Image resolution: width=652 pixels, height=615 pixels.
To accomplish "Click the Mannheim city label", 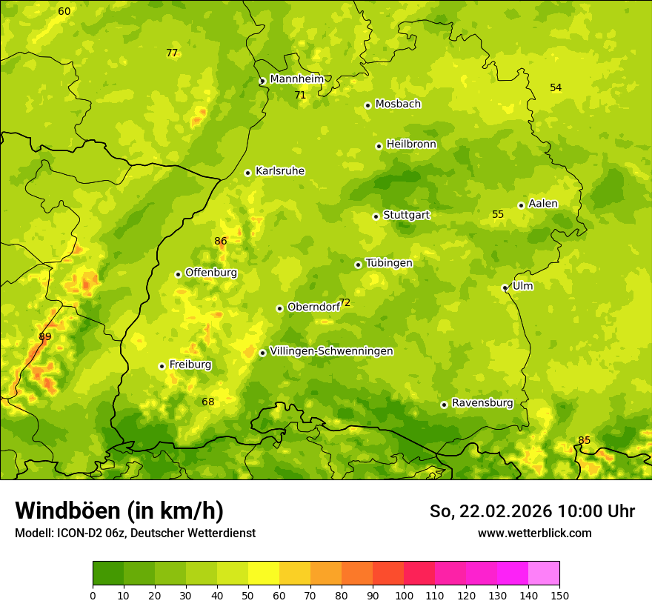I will pos(296,79).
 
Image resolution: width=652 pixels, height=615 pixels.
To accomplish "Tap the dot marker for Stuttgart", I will pos(376,216).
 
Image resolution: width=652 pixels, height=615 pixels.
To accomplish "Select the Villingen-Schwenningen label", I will pos(331,351).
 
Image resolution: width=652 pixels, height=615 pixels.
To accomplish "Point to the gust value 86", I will pos(220,241).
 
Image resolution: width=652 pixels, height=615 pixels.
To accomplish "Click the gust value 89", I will pos(45,336).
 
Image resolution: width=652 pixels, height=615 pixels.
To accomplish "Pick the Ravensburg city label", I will pos(482,403).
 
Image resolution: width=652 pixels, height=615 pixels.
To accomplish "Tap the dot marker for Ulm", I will pos(505,287).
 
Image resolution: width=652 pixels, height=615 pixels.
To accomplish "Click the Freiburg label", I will pos(190,365).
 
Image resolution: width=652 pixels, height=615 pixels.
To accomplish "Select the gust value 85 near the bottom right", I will pos(584,440).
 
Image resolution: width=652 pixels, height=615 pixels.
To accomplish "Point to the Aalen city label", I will pos(542,204).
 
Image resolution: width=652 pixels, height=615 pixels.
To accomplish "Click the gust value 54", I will pos(556,87).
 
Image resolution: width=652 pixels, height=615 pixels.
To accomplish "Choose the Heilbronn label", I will pos(411,144).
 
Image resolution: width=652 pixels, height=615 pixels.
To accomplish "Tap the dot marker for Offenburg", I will pos(178,274).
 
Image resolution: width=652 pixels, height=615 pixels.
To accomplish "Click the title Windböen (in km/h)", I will pos(119,511).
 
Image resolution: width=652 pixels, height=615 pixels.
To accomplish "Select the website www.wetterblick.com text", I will pos(534,533).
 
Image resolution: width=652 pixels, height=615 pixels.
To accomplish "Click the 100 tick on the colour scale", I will pos(404,594).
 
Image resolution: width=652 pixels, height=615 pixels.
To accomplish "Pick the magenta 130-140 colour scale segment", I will pos(513,574).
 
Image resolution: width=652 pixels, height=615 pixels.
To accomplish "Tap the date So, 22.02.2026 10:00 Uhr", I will pos(531,511).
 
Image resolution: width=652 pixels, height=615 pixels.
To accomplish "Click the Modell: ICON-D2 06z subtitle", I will pos(135,533).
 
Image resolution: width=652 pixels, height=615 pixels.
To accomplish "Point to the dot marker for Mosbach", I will pos(367,105).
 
